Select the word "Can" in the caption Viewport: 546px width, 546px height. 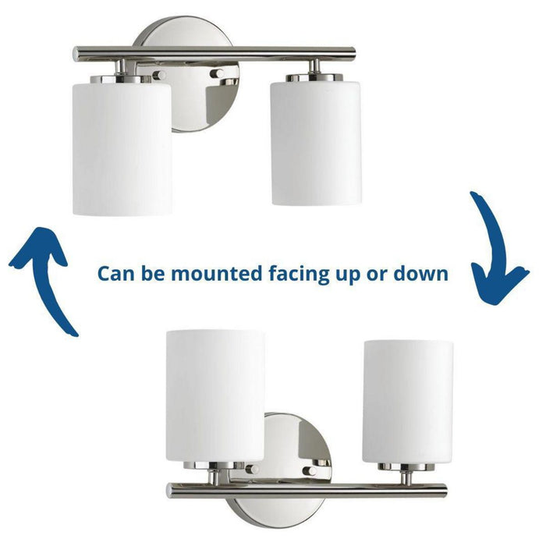click(114, 274)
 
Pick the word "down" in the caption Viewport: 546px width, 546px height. click(425, 274)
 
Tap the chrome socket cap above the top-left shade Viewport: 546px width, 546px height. click(122, 78)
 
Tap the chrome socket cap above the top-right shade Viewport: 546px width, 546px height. click(315, 77)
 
